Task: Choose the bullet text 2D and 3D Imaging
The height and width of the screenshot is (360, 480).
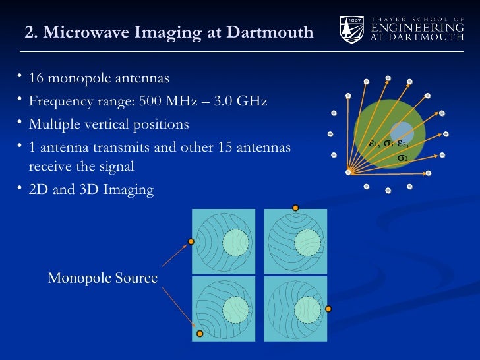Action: pos(91,191)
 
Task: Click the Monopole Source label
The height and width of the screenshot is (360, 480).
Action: pos(102,278)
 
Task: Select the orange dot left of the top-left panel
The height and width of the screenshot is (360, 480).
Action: pos(191,242)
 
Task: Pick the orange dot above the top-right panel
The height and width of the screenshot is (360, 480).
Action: pos(295,208)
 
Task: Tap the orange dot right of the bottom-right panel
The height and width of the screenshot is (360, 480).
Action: pos(328,308)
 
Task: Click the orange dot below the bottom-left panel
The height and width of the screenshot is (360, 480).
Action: pos(200,334)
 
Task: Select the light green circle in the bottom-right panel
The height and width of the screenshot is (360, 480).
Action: pos(305,308)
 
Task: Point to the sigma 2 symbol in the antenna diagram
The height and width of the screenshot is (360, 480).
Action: pos(402,159)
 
